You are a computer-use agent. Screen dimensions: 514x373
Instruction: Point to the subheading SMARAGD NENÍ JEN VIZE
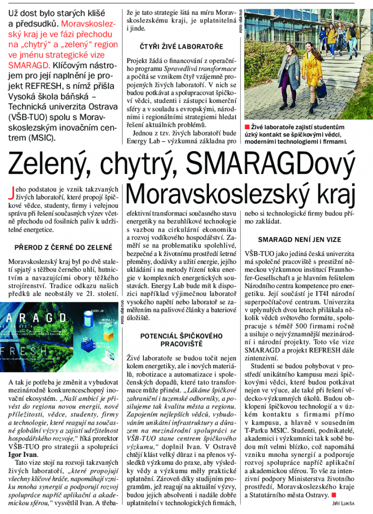(x=299, y=239)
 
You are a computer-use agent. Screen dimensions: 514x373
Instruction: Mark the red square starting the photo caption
(x=247, y=127)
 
